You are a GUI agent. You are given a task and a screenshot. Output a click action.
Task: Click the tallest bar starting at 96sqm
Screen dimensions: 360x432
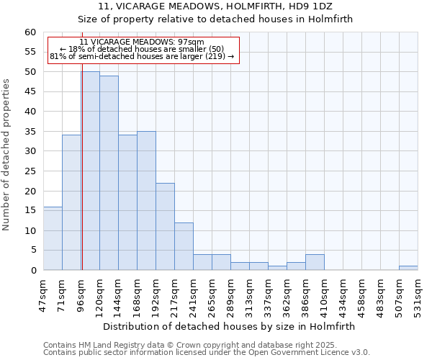click(x=91, y=171)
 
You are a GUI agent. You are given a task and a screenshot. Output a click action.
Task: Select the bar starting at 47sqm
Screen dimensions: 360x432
click(x=53, y=238)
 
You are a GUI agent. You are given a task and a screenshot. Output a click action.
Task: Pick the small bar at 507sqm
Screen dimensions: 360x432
click(x=408, y=268)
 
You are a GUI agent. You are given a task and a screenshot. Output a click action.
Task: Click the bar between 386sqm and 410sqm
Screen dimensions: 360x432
click(x=315, y=262)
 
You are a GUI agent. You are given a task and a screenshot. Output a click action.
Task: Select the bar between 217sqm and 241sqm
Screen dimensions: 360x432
click(x=184, y=246)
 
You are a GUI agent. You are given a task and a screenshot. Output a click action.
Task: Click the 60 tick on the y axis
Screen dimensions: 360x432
click(x=30, y=32)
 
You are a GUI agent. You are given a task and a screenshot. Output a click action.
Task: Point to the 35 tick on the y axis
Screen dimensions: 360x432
click(x=30, y=132)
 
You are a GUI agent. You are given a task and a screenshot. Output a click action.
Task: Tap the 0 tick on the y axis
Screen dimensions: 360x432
click(x=33, y=271)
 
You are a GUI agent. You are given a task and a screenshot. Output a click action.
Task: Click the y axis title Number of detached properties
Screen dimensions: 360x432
click(x=6, y=155)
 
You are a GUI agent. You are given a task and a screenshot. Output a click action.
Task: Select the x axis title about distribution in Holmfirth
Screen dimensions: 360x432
click(x=230, y=326)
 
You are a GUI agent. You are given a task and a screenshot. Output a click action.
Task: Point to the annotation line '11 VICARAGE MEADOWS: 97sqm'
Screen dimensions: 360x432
click(x=142, y=42)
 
